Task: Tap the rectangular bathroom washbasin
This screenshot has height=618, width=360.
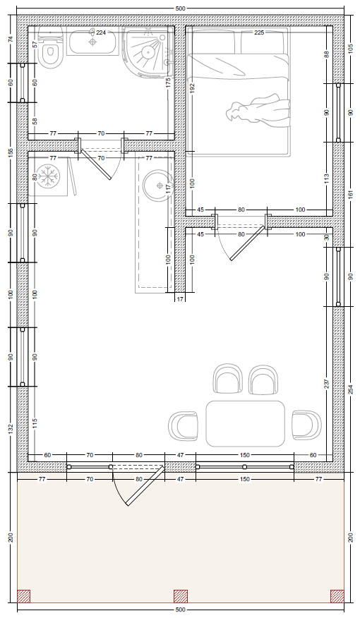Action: [93, 41]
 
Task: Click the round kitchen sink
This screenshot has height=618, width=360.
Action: [157, 186]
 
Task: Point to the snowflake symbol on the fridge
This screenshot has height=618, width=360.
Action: [49, 176]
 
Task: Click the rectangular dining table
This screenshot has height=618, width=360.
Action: [245, 424]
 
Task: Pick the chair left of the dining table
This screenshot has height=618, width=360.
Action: [183, 426]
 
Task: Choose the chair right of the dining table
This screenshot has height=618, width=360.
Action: [306, 425]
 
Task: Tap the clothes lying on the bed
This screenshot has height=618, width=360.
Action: [258, 109]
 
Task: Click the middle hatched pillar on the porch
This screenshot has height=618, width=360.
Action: [181, 596]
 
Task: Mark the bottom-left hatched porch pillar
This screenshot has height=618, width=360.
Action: [24, 596]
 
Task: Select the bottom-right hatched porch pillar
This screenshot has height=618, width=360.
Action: [337, 596]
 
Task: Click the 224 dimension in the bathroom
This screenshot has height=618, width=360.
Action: [101, 32]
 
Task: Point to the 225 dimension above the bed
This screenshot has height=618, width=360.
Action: [259, 32]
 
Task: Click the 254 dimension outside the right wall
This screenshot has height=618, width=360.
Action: [351, 389]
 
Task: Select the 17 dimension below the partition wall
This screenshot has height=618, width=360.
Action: [180, 300]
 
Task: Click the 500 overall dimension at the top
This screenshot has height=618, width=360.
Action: [180, 8]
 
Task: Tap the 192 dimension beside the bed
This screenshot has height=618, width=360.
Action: [193, 89]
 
